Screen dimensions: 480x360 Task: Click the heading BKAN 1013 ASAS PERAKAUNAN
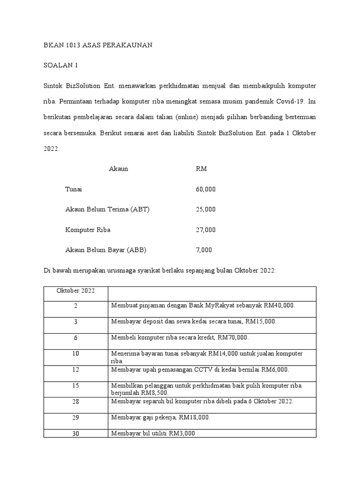point(97,45)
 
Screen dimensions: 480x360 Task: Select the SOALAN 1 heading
point(60,66)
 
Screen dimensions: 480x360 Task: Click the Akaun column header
point(118,169)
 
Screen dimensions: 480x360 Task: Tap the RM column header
point(201,169)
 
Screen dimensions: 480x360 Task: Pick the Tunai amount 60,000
point(205,189)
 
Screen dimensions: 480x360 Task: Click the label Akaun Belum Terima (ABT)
point(107,210)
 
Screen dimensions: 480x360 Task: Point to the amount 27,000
point(205,230)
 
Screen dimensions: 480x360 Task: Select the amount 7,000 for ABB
point(203,250)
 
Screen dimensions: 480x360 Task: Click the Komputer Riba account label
point(88,230)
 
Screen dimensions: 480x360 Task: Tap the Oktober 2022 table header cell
point(75,291)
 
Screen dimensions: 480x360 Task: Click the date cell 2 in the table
point(75,306)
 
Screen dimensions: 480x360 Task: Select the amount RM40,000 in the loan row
point(280,306)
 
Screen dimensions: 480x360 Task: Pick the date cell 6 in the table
point(75,337)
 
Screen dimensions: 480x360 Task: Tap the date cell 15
point(75,385)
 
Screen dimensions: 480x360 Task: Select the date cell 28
point(75,401)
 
